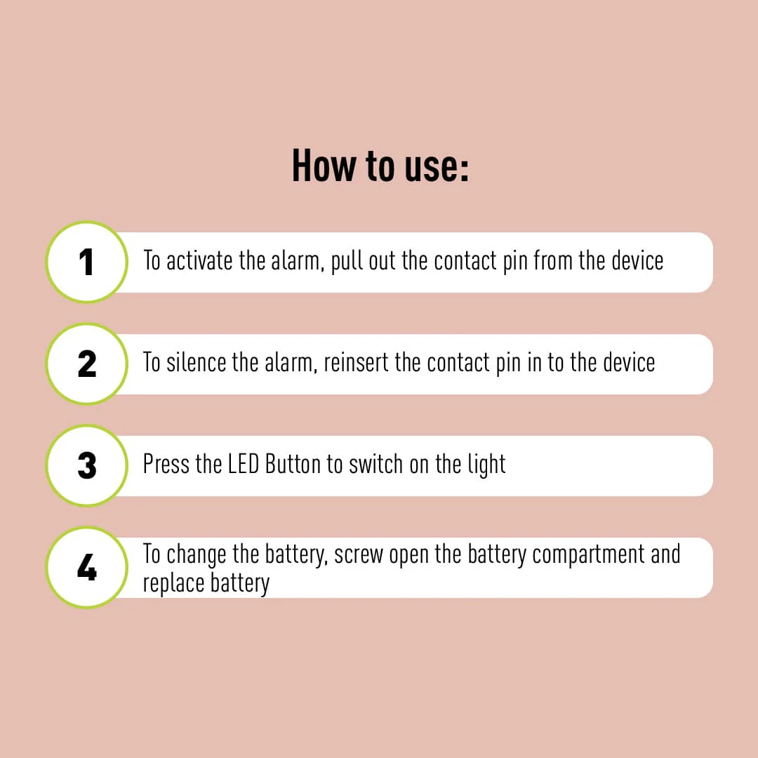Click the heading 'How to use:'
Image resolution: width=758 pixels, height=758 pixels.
click(380, 166)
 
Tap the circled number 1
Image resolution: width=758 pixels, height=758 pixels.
click(86, 262)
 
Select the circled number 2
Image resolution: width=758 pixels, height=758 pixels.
click(86, 364)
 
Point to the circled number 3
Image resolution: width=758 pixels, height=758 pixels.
click(86, 466)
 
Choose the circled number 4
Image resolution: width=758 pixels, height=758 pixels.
click(86, 568)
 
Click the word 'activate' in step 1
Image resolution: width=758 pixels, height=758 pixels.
click(199, 261)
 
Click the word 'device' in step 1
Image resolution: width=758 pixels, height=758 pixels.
click(637, 261)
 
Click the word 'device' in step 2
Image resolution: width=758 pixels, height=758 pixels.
click(629, 363)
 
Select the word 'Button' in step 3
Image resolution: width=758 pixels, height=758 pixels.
click(293, 465)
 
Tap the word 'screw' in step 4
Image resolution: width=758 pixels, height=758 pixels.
click(359, 555)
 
